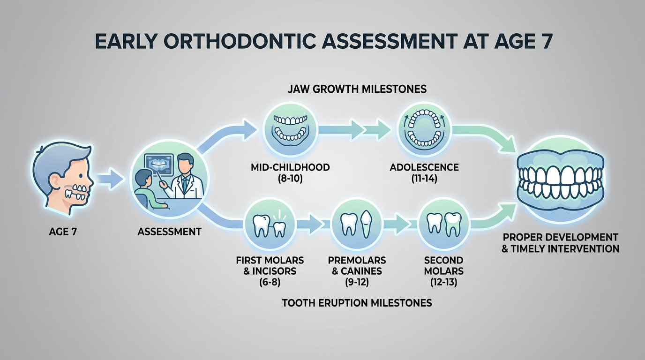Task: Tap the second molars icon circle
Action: point(443,224)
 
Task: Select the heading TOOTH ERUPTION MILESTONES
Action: point(357,303)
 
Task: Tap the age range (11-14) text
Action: point(424,178)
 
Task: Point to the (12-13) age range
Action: point(443,282)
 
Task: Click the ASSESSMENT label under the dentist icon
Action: point(170,232)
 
